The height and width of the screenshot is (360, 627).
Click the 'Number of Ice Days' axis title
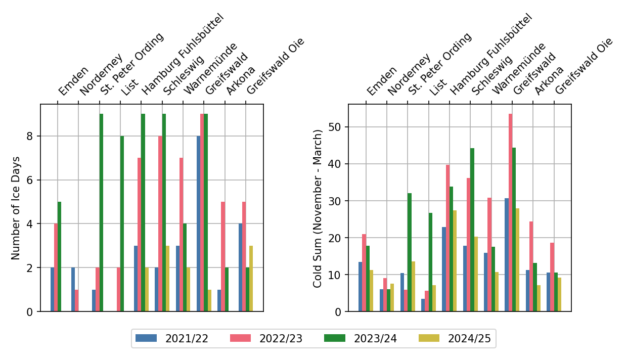[16, 208]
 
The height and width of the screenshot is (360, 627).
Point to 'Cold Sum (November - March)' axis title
[318, 208]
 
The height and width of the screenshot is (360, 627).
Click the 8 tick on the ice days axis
[29, 136]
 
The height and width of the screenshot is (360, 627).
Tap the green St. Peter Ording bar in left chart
[101, 212]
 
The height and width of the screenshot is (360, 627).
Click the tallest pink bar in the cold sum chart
[510, 212]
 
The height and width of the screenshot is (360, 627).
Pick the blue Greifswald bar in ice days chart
[198, 223]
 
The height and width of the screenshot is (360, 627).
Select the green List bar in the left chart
[122, 223]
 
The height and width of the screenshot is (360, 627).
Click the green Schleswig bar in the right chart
[472, 230]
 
